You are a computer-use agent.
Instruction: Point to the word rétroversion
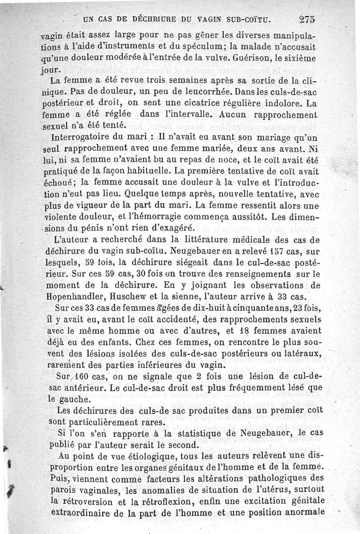pyautogui.click(x=88, y=500)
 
